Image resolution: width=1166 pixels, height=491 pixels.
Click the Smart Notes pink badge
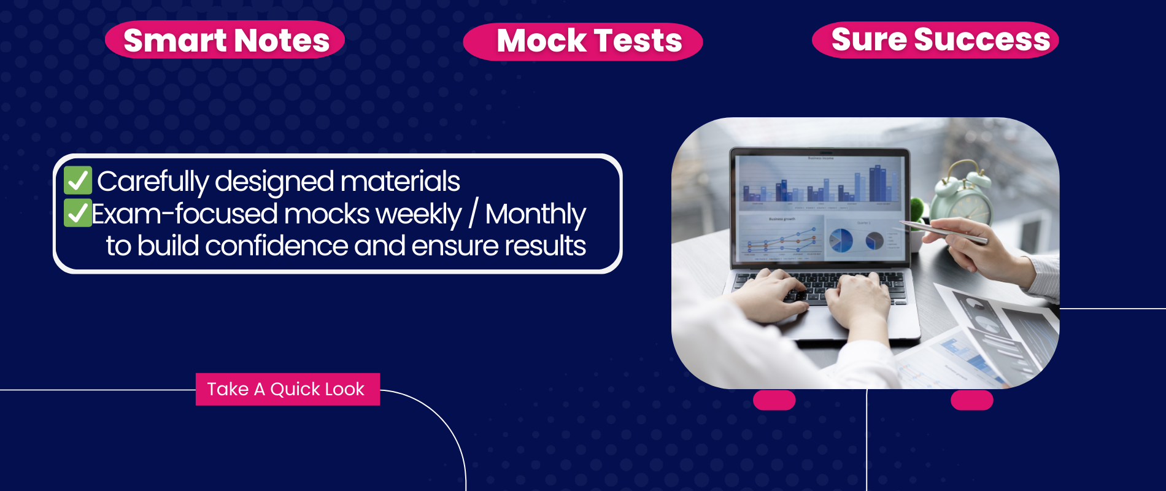[225, 40]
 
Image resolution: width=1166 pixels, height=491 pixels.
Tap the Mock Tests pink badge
[583, 42]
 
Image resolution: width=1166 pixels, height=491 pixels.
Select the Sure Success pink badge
[935, 40]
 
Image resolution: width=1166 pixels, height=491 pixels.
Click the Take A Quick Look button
[288, 389]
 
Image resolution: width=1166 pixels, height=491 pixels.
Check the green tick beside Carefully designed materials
[78, 180]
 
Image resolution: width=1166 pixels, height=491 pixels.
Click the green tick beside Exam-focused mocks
[78, 213]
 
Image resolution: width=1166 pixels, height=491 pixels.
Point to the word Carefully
[153, 182]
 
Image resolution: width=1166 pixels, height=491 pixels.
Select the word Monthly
[535, 214]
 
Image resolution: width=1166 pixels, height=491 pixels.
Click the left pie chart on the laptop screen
[841, 240]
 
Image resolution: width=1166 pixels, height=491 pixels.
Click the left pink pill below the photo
[774, 400]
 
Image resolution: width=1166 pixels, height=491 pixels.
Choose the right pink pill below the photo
[972, 400]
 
